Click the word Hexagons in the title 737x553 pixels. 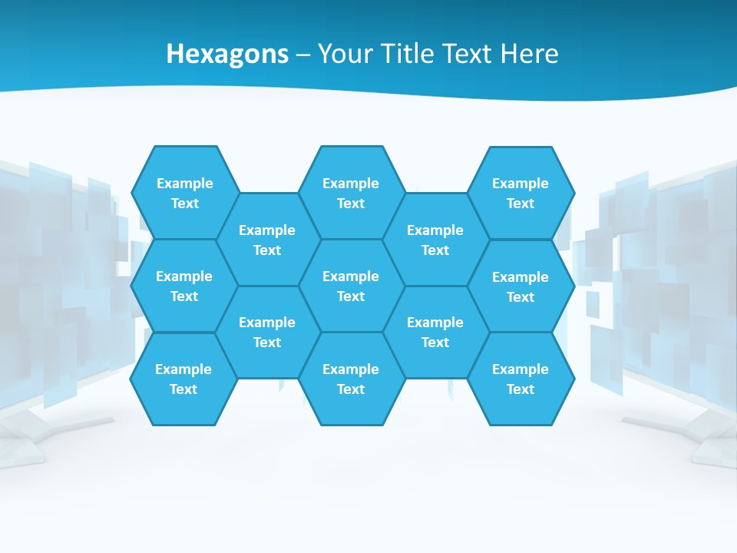pyautogui.click(x=227, y=54)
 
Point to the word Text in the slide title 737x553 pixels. pyautogui.click(x=468, y=54)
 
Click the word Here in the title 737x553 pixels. pyautogui.click(x=529, y=54)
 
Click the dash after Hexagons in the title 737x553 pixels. pyautogui.click(x=303, y=55)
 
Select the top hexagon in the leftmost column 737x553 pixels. pyautogui.click(x=184, y=193)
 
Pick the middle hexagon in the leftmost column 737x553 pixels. pyautogui.click(x=184, y=286)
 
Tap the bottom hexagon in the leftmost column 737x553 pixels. pyautogui.click(x=183, y=379)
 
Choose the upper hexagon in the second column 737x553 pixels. pyautogui.click(x=267, y=240)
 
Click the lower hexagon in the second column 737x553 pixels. pyautogui.click(x=267, y=332)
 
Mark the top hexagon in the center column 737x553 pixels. pyautogui.click(x=351, y=193)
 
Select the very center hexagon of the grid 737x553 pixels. pyautogui.click(x=351, y=286)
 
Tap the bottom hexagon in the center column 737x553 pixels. pyautogui.click(x=351, y=379)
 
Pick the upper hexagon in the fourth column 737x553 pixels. pyautogui.click(x=435, y=240)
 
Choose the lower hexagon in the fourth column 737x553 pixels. pyautogui.click(x=435, y=332)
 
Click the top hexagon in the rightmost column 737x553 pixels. pyautogui.click(x=521, y=193)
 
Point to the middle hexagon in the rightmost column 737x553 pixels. pyautogui.click(x=521, y=286)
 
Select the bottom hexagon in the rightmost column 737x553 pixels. pyautogui.click(x=521, y=379)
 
